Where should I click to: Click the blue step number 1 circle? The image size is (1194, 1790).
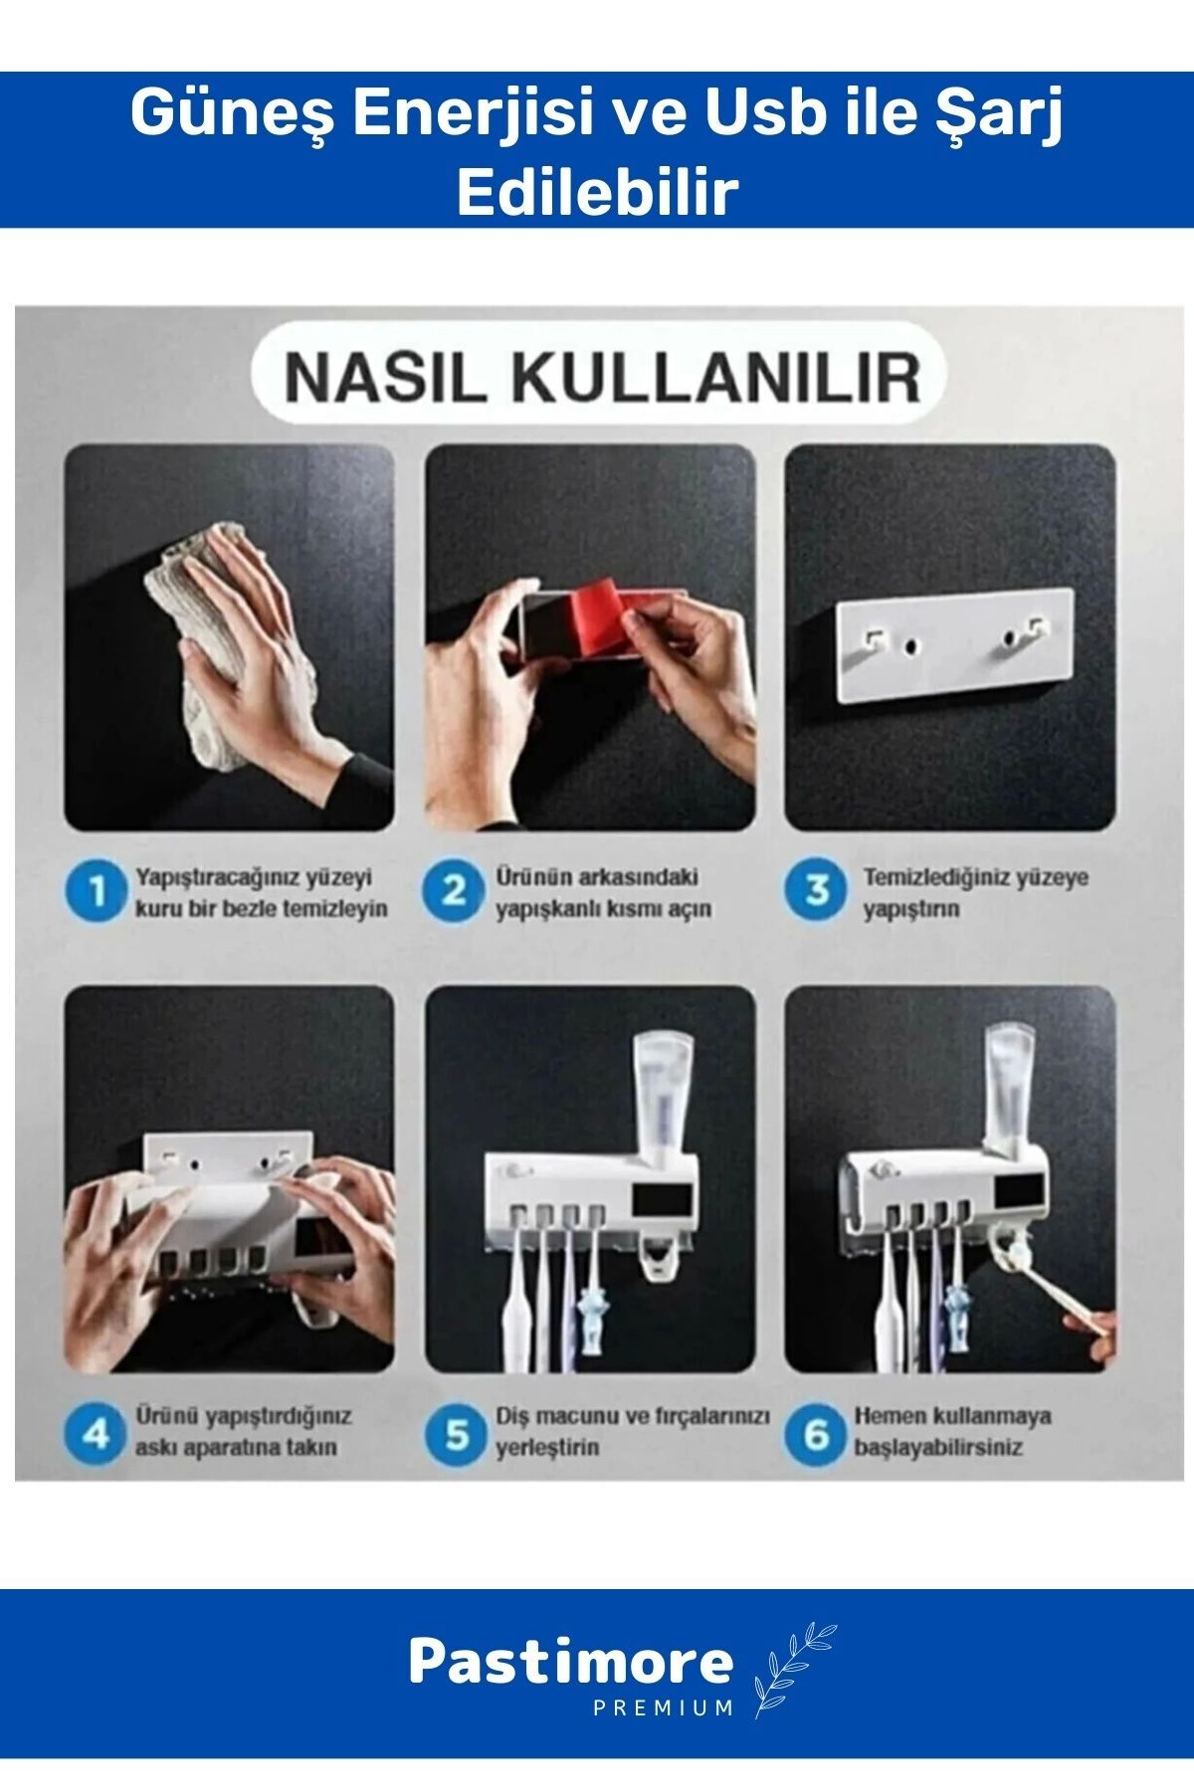(97, 892)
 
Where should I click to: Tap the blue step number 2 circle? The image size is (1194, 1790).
(454, 892)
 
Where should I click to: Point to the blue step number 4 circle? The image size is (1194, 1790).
(97, 1433)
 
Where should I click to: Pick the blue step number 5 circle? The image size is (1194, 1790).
(456, 1433)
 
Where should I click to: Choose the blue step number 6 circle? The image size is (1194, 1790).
(816, 1433)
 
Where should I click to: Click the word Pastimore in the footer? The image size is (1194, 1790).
(571, 1662)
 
